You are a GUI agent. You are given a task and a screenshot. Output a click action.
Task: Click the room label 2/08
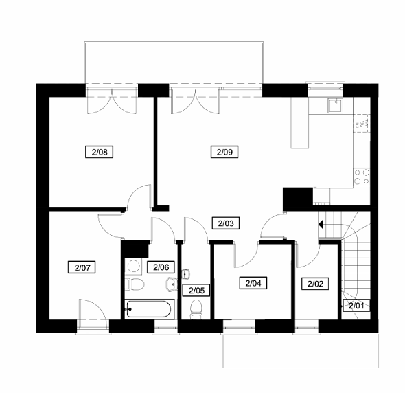click(x=99, y=152)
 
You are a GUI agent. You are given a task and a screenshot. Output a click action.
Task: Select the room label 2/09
click(x=224, y=152)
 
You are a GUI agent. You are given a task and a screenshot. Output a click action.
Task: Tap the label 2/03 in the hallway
click(x=225, y=223)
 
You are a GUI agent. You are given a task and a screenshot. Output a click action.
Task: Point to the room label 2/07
click(x=82, y=267)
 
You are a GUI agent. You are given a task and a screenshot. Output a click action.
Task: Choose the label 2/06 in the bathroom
click(x=161, y=267)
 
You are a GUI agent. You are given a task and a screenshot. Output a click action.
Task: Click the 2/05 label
click(x=196, y=291)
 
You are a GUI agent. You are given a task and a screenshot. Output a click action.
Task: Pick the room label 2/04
click(x=253, y=283)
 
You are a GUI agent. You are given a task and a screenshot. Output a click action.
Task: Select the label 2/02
click(x=315, y=284)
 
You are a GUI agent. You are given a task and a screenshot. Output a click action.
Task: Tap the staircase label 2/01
click(x=356, y=306)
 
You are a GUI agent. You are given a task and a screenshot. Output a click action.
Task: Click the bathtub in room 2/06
click(x=148, y=309)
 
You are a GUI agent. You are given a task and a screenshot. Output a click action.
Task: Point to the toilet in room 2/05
click(x=196, y=309)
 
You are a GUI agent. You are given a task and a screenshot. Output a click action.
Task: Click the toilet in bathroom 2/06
click(x=135, y=284)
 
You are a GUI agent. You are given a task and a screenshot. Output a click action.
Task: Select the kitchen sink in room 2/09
click(x=336, y=106)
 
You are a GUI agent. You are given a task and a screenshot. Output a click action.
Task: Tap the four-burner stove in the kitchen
click(x=362, y=177)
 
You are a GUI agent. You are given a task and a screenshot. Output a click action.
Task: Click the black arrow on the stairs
click(x=321, y=225)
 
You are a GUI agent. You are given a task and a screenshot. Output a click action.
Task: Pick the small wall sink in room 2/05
click(x=186, y=274)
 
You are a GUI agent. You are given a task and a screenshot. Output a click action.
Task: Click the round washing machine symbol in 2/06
click(x=134, y=266)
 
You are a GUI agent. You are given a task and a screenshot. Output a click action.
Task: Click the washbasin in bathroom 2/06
click(x=172, y=284)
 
